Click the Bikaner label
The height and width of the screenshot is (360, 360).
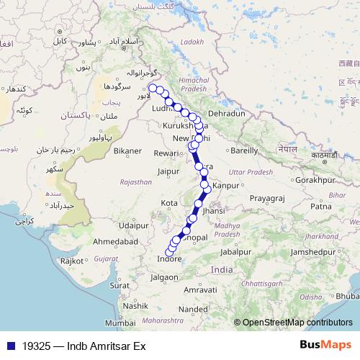click(127, 151)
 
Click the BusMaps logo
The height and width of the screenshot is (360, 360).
click(325, 345)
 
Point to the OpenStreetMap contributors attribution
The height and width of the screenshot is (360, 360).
click(297, 323)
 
